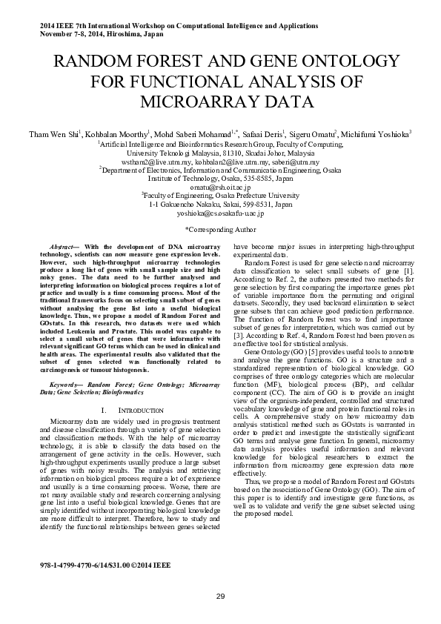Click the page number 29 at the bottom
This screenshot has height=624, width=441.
(x=220, y=597)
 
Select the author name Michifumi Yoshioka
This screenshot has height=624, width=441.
(x=378, y=134)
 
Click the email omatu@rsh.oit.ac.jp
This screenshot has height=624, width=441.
(x=220, y=188)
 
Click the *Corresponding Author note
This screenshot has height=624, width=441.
(x=220, y=230)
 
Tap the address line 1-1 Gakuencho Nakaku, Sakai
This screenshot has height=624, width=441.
(x=220, y=204)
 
